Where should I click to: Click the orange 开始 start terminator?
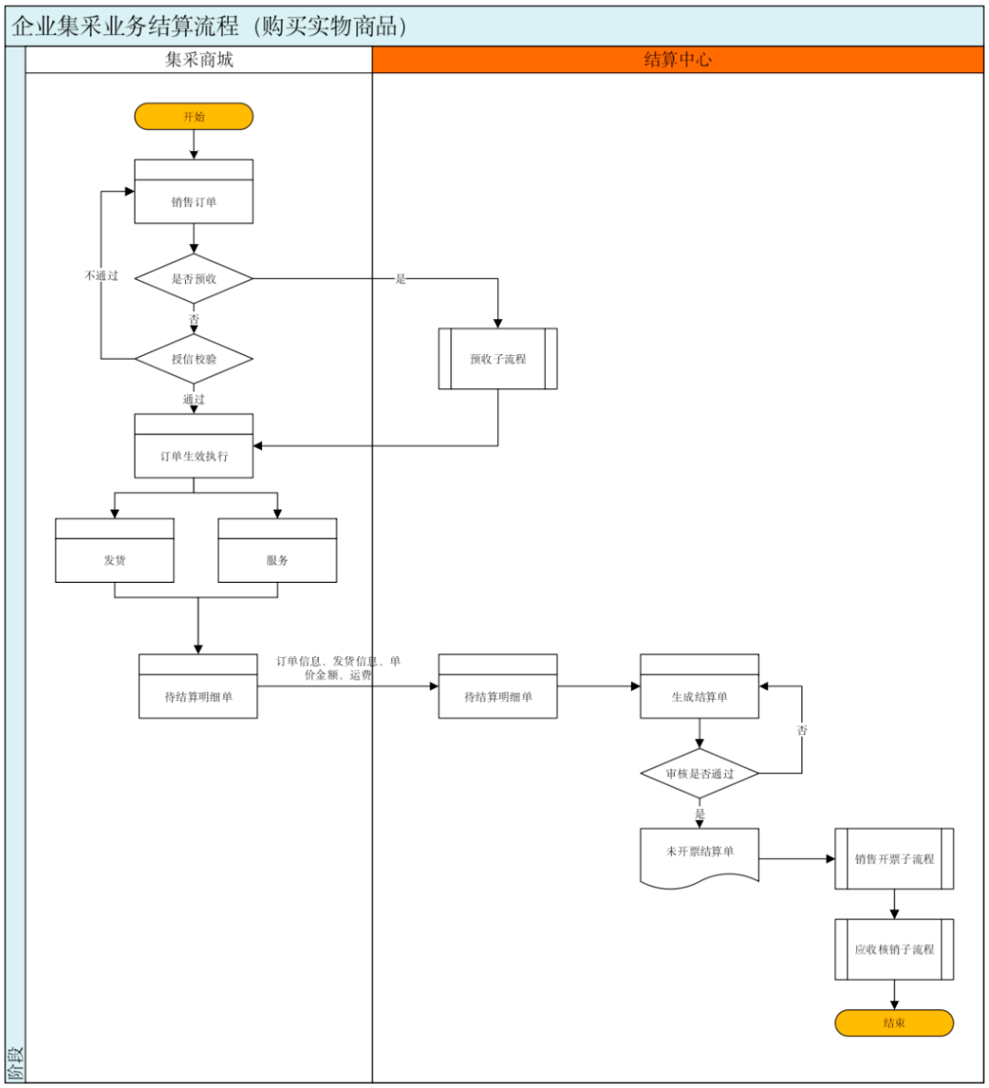pyautogui.click(x=194, y=116)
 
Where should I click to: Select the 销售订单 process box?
pyautogui.click(x=194, y=191)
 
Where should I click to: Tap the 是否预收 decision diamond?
pyautogui.click(x=194, y=279)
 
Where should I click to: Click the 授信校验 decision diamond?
pyautogui.click(x=194, y=359)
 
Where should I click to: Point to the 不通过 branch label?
pyautogui.click(x=102, y=275)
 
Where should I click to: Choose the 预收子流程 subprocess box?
pyautogui.click(x=498, y=359)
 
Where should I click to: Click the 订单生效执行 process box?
pyautogui.click(x=194, y=447)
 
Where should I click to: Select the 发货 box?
pyautogui.click(x=114, y=550)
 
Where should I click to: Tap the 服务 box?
pyautogui.click(x=277, y=550)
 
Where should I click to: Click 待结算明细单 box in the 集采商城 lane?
pyautogui.click(x=198, y=686)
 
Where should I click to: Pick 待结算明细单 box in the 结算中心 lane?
pyautogui.click(x=498, y=686)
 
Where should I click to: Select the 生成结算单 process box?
pyautogui.click(x=700, y=686)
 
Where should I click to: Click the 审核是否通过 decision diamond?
pyautogui.click(x=700, y=773)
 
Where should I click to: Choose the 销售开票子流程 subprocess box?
pyautogui.click(x=895, y=859)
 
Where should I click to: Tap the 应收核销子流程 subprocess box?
pyautogui.click(x=895, y=949)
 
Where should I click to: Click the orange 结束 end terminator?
pyautogui.click(x=895, y=1023)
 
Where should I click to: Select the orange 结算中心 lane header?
pyautogui.click(x=678, y=59)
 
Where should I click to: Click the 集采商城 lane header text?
pyautogui.click(x=200, y=59)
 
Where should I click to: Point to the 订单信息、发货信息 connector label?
pyautogui.click(x=338, y=667)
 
